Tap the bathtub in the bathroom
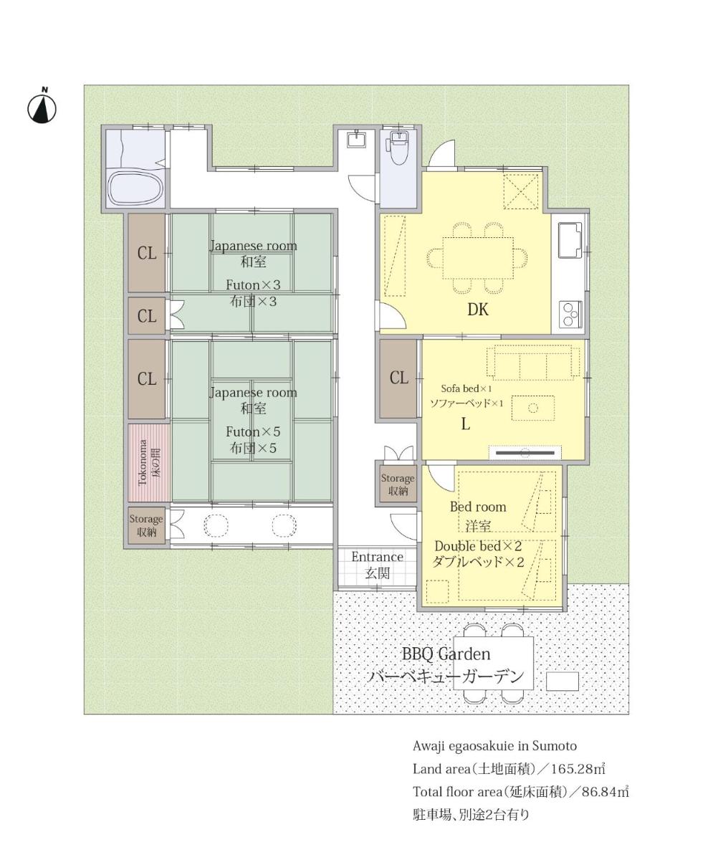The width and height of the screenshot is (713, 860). point(136,188)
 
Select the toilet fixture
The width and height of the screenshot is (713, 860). point(398,148)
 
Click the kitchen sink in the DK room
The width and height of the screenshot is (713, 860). point(570,239)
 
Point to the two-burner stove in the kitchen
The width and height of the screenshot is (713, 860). point(570,315)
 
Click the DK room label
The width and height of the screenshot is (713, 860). point(478,310)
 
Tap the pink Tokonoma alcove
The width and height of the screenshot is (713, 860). point(149,462)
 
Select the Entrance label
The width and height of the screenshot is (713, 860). point(377,557)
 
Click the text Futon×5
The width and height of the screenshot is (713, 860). point(253,431)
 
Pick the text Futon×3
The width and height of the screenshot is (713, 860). point(253,285)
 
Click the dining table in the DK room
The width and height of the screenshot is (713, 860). point(478,258)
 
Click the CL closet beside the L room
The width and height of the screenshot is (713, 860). point(398,378)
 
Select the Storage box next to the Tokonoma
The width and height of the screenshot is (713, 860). point(146,526)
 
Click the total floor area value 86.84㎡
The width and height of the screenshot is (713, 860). point(605,792)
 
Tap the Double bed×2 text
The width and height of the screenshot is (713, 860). point(478,546)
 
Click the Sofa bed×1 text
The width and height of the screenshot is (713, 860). point(466,388)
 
